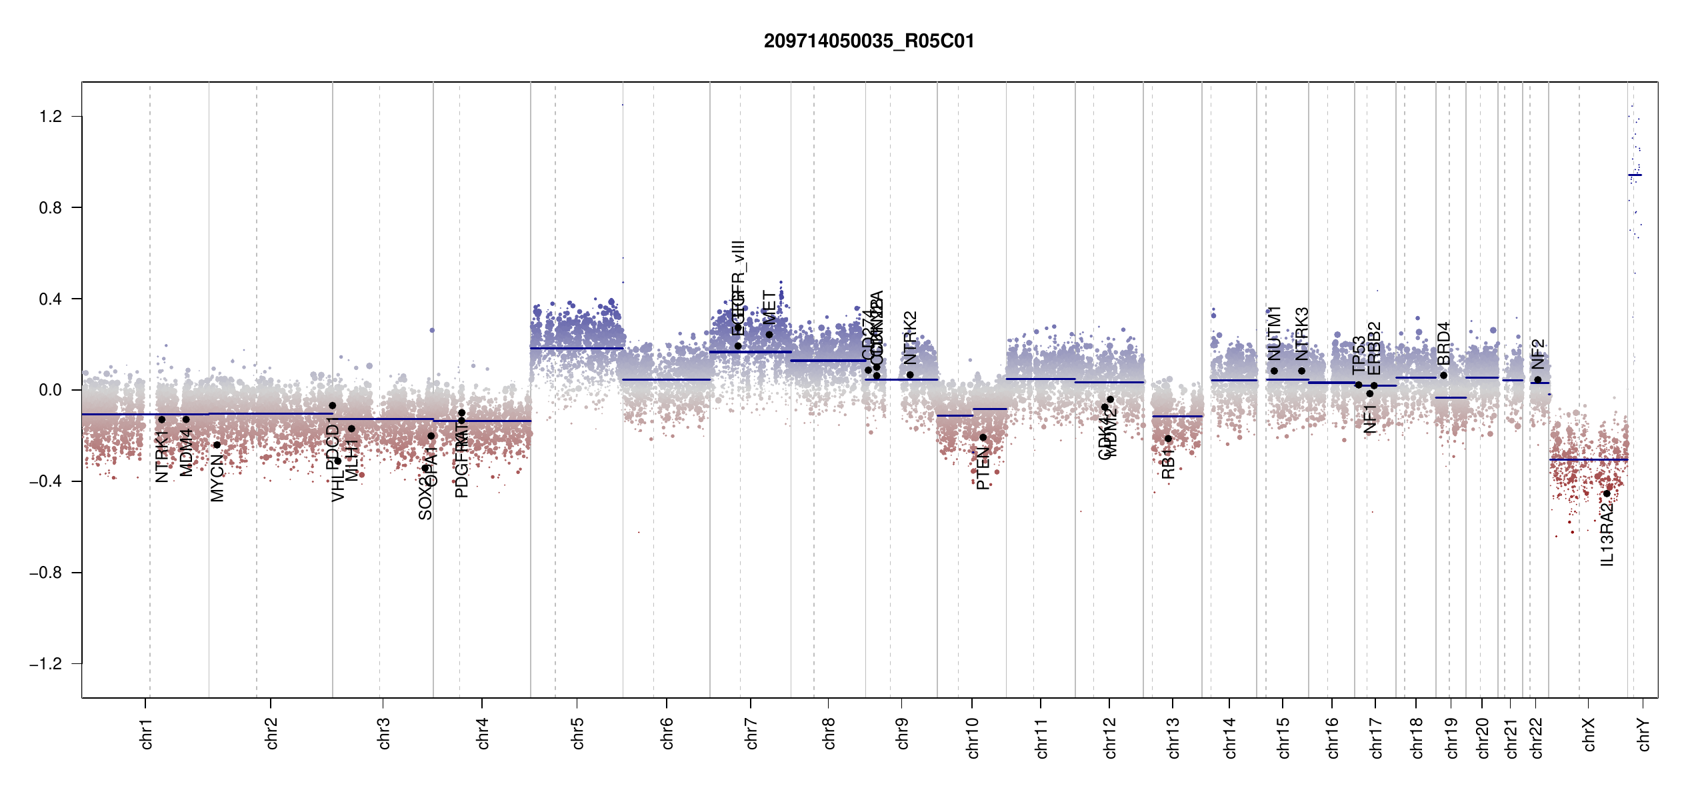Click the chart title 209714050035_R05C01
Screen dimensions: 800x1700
click(x=869, y=41)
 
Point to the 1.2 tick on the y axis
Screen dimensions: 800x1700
click(x=51, y=117)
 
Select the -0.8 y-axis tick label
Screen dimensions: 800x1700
click(x=46, y=573)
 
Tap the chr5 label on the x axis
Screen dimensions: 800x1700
click(x=577, y=733)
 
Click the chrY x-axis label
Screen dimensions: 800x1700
click(x=1644, y=735)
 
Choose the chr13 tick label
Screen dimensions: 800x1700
click(x=1173, y=737)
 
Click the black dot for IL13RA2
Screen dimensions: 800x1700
click(x=1607, y=493)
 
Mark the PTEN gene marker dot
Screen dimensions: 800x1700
click(x=983, y=437)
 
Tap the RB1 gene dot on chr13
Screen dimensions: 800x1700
click(x=1168, y=439)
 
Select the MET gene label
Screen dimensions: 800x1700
click(x=769, y=307)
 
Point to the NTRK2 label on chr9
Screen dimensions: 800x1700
click(x=910, y=337)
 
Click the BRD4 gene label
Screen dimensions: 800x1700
click(x=1444, y=343)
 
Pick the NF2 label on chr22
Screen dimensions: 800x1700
click(x=1538, y=354)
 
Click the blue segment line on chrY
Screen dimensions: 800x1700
click(x=1635, y=175)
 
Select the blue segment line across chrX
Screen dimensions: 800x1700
click(x=1588, y=459)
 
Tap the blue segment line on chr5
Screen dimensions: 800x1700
click(x=577, y=348)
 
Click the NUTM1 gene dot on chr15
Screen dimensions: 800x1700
click(x=1274, y=371)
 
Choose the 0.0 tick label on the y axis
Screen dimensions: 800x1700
click(x=51, y=390)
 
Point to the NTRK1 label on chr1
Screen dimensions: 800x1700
click(x=162, y=456)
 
